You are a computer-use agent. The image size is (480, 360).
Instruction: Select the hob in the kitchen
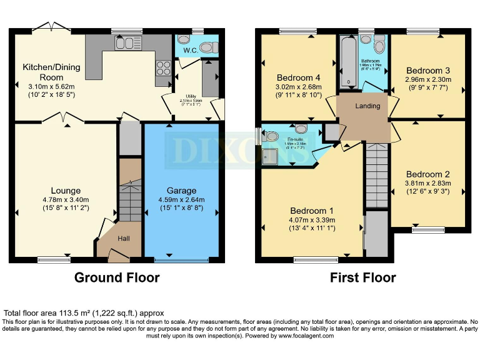[x=163, y=67]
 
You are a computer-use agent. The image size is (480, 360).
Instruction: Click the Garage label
[x=181, y=191]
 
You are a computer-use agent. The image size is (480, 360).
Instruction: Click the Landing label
[x=367, y=106]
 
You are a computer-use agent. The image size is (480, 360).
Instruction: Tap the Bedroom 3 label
[x=428, y=71]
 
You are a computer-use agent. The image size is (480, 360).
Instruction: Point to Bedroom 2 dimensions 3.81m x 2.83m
[x=428, y=184]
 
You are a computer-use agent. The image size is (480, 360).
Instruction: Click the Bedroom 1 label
[x=312, y=211]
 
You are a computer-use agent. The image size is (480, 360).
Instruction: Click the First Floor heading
[x=362, y=277]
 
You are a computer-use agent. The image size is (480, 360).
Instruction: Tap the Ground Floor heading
[x=117, y=277]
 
